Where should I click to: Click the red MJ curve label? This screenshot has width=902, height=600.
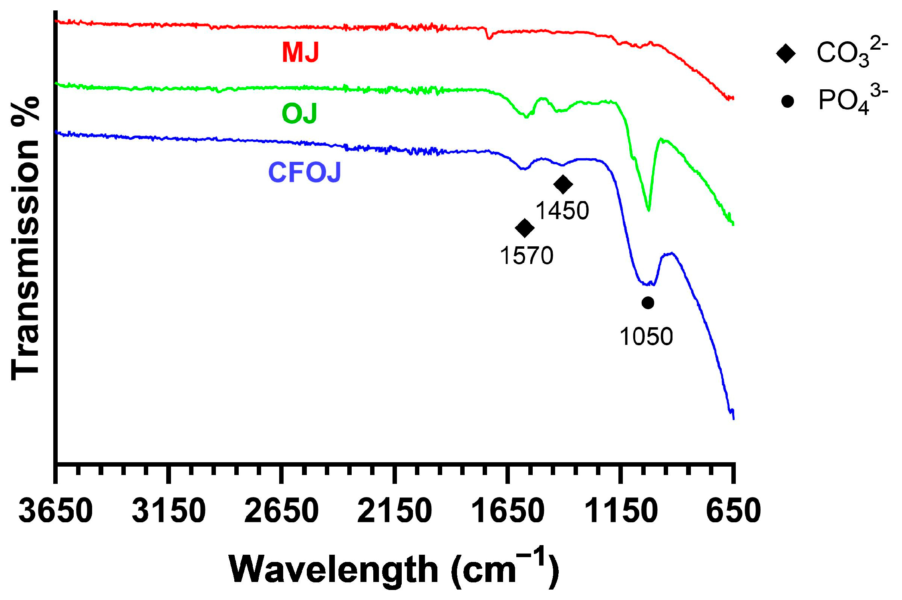pos(300,52)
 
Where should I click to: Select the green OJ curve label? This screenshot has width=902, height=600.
pos(299,113)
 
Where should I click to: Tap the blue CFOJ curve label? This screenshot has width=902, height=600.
pos(304,173)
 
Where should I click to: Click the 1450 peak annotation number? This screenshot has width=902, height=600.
pos(562,211)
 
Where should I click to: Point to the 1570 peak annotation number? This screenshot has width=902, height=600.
pos(526,256)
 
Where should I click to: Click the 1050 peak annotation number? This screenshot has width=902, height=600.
pos(646,336)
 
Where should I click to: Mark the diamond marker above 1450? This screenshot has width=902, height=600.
pos(563,184)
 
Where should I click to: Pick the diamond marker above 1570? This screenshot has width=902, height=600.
pos(525,228)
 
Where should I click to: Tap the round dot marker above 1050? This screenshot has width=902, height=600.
pos(648,303)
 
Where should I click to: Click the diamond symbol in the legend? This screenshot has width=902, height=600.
pos(786,53)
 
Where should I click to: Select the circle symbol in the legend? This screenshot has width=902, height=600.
pos(787,101)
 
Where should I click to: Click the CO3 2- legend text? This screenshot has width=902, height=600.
pos(851,52)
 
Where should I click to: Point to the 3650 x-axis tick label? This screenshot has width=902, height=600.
pos(56,511)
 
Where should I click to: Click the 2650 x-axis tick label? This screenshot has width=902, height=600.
pos(282,511)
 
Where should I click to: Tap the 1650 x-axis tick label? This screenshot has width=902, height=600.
pos(507,511)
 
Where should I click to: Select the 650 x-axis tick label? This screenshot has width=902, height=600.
pos(733,511)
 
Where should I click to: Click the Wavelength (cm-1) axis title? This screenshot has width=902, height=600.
pos(394,569)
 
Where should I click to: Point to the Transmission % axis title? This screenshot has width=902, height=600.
pos(25,239)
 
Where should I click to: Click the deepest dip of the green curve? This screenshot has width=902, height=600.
pos(648,210)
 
